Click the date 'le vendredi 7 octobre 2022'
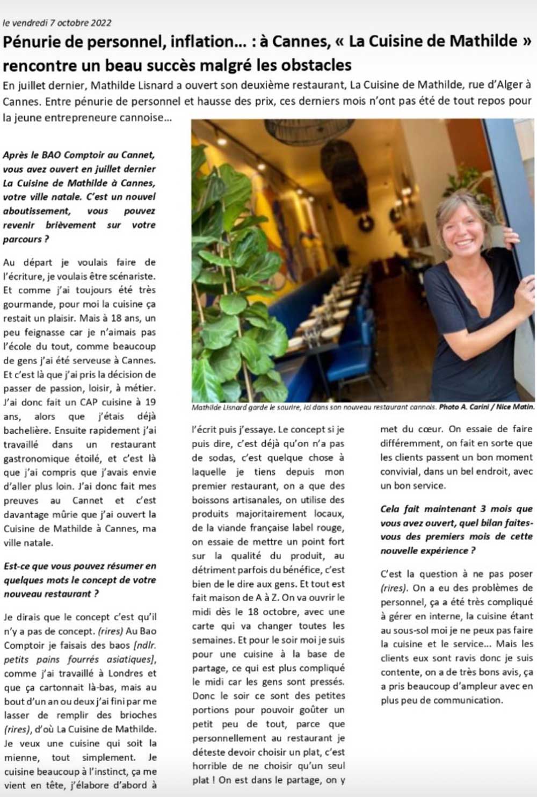pyautogui.click(x=57, y=23)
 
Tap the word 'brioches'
pyautogui.click(x=137, y=715)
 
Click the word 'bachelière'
pyautogui.click(x=26, y=430)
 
